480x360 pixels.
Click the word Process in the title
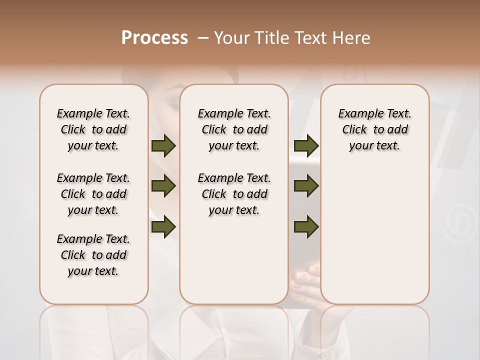154,38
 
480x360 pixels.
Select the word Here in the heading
352,38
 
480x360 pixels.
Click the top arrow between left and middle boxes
163,145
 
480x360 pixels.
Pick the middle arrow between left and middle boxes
163,186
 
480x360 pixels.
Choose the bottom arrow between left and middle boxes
163,227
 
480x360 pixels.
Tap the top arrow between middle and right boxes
306,145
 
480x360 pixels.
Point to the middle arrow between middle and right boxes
306,186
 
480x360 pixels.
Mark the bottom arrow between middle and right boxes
306,227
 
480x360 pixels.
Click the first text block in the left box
93,129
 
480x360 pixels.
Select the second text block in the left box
93,194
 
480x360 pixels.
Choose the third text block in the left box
93,255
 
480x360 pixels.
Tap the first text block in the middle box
234,129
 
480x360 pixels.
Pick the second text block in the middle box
234,194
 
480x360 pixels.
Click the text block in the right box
374,129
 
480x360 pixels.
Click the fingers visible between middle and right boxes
305,278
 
